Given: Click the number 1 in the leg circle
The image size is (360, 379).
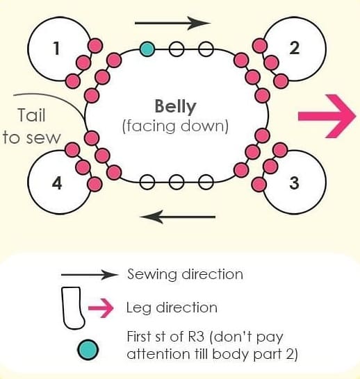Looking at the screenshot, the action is pyautogui.click(x=56, y=48).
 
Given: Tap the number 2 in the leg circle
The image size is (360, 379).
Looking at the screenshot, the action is pyautogui.click(x=295, y=48).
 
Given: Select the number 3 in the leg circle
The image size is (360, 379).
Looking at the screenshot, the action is pyautogui.click(x=294, y=183).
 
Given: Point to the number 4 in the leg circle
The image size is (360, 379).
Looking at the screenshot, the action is pyautogui.click(x=57, y=183).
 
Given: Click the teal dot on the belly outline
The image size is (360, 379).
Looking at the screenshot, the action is pyautogui.click(x=147, y=49).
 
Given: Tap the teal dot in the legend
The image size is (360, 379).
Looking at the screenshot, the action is pyautogui.click(x=88, y=350).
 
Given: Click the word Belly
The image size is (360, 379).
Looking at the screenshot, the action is pyautogui.click(x=175, y=107).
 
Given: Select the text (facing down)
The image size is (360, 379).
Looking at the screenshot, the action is pyautogui.click(x=175, y=126).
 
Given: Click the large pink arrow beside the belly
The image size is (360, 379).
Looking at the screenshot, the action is pyautogui.click(x=327, y=116).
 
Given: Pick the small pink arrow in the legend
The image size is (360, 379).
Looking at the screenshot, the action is pyautogui.click(x=101, y=308).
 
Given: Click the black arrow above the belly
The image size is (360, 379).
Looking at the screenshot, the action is pyautogui.click(x=173, y=23).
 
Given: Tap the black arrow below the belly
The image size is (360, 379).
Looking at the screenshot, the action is pyautogui.click(x=178, y=217).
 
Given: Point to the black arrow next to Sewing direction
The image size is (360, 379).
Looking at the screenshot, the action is pyautogui.click(x=90, y=275).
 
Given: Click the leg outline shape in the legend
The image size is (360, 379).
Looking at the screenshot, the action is pyautogui.click(x=73, y=308).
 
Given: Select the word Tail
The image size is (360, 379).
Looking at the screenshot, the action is pyautogui.click(x=32, y=115).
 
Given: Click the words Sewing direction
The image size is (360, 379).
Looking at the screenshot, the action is pyautogui.click(x=185, y=274).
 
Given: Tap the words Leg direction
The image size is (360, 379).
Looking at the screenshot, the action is pyautogui.click(x=172, y=308).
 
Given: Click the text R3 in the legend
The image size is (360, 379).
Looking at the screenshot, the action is pyautogui.click(x=196, y=337).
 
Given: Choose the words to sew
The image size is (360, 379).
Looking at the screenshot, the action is pyautogui.click(x=31, y=137).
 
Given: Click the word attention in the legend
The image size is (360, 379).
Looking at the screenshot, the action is pyautogui.click(x=158, y=354).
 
